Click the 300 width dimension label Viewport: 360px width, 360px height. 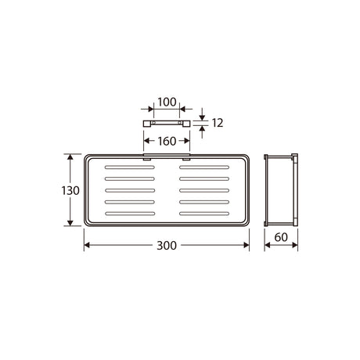pos(167,246)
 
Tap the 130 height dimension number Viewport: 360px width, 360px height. pos(70,191)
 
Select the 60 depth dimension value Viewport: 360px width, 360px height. pos(281,237)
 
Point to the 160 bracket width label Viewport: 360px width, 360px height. pos(167,142)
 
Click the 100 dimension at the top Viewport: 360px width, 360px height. pos(167,102)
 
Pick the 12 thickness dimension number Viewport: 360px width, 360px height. pos(218,123)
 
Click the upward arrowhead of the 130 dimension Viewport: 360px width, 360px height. pos(70,157)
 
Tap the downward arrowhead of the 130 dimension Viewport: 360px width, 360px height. pos(70,223)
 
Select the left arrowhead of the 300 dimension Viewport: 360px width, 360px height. pos(87,245)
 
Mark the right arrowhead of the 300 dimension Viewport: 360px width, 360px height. pos(247,245)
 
